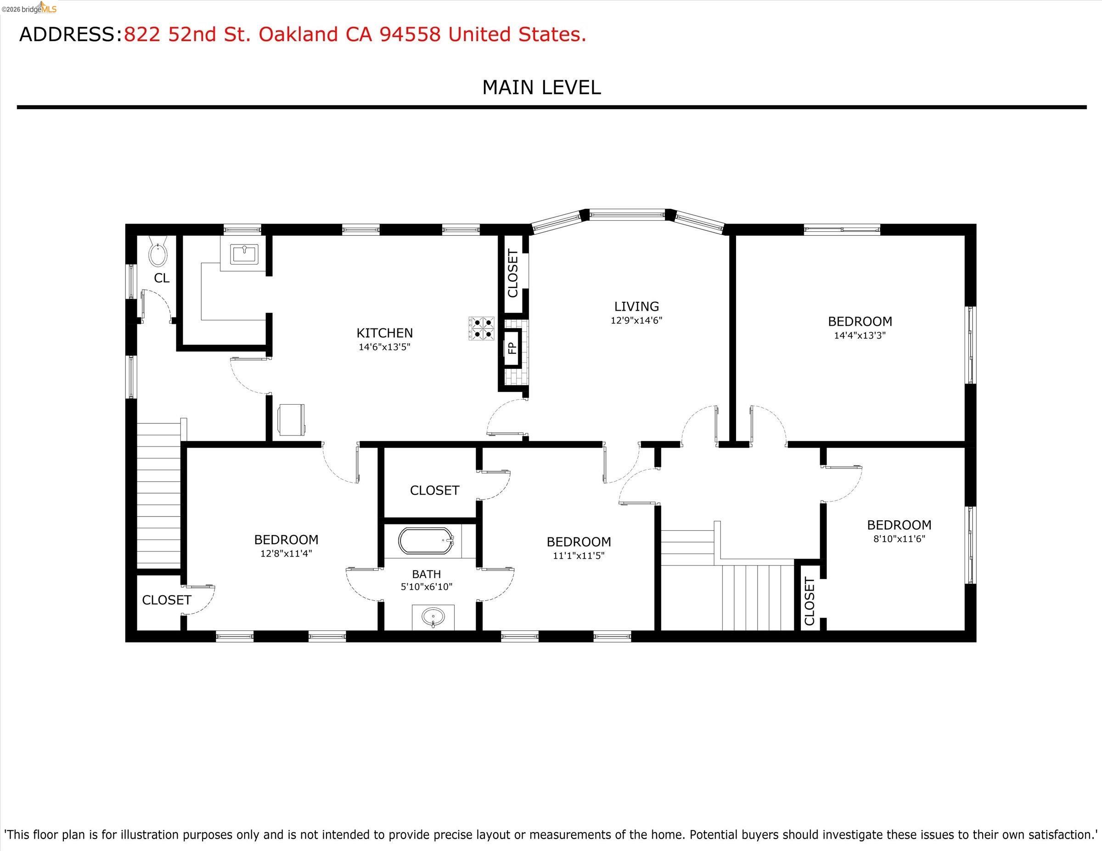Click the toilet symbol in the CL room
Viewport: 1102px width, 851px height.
[158, 255]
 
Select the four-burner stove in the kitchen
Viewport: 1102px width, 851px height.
[481, 328]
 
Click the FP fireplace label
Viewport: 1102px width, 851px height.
[512, 347]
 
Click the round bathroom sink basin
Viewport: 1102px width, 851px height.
[433, 616]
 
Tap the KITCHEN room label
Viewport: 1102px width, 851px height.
[384, 333]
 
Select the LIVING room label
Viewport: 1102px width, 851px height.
[636, 306]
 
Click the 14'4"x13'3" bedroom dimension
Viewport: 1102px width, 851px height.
[860, 335]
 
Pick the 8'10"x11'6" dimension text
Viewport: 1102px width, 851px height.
[899, 539]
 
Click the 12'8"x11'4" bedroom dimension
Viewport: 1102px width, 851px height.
[286, 554]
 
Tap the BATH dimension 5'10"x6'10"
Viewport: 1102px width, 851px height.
[427, 587]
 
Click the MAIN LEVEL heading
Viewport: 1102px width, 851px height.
[541, 88]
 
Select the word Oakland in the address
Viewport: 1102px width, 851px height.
[298, 34]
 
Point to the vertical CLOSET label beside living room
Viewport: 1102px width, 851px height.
[512, 273]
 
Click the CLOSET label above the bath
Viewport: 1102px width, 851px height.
[434, 490]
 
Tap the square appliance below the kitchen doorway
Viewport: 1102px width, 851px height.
[291, 419]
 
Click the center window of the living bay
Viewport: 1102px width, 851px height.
[627, 215]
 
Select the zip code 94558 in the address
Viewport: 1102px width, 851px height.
[410, 34]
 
